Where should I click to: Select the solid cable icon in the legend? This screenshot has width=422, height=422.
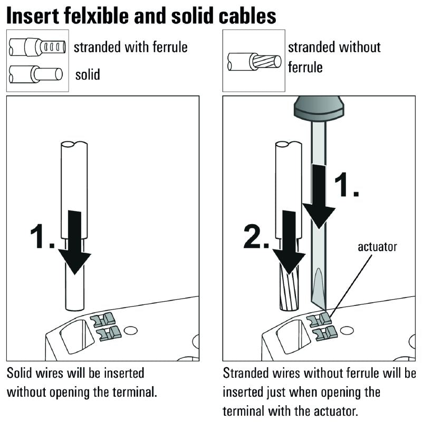[35, 73]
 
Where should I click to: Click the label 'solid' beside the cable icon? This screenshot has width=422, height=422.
[88, 74]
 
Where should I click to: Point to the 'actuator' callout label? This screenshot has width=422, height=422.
[377, 246]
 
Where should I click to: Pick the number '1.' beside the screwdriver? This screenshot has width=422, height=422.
[348, 185]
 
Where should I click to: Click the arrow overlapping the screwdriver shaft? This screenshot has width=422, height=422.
[320, 196]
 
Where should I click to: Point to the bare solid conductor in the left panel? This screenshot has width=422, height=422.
[74, 290]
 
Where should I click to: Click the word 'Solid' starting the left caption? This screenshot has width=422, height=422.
[20, 373]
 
